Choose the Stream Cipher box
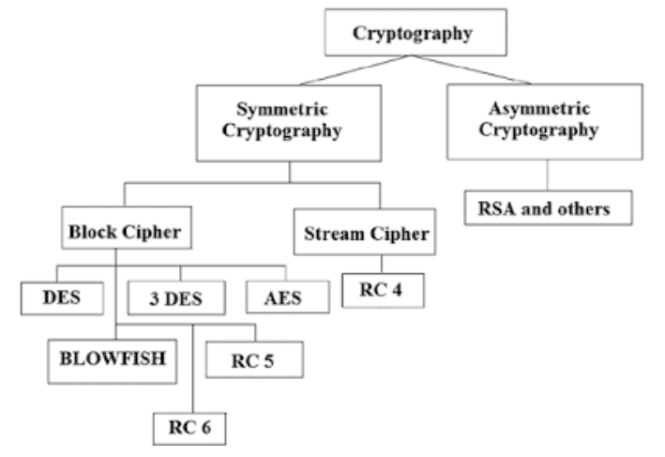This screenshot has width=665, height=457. pyautogui.click(x=364, y=234)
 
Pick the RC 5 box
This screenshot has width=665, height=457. pyautogui.click(x=251, y=358)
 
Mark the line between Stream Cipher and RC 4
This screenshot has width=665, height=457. pyautogui.click(x=379, y=263)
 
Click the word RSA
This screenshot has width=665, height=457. pyautogui.click(x=493, y=208)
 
